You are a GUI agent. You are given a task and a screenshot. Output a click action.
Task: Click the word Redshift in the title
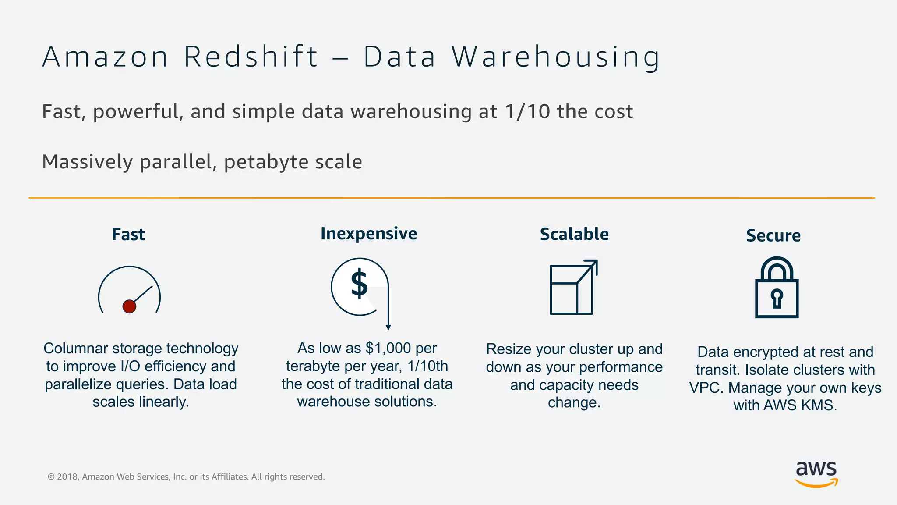tap(251, 57)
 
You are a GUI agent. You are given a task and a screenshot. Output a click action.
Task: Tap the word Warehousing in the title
tap(555, 57)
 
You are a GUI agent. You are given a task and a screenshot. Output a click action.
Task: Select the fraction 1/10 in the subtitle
tap(527, 111)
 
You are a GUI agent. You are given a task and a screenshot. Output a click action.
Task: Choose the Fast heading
tap(128, 235)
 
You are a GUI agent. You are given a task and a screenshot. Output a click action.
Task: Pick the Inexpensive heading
tap(368, 234)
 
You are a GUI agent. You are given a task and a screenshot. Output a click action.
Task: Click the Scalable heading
tap(574, 234)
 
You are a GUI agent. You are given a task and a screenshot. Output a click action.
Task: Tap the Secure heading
tap(773, 236)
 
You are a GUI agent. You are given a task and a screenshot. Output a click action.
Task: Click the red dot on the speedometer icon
tap(129, 306)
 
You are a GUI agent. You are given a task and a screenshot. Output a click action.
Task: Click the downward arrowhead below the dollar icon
tap(388, 327)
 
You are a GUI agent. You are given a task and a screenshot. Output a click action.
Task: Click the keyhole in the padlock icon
tap(777, 299)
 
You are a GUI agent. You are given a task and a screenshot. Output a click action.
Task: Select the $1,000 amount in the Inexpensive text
tap(388, 348)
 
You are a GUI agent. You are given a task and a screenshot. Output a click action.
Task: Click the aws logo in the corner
tap(816, 473)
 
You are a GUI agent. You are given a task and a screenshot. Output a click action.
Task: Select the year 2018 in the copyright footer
tap(67, 477)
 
